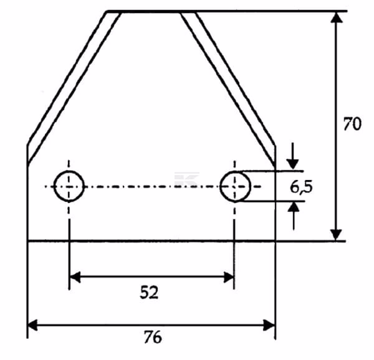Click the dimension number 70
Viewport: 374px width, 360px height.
click(352, 124)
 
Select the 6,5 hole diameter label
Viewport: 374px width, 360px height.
click(301, 187)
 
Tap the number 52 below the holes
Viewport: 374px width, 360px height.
click(149, 292)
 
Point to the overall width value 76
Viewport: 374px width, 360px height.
click(153, 337)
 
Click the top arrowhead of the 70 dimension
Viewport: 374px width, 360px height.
click(337, 17)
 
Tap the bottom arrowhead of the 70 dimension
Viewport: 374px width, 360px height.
click(337, 235)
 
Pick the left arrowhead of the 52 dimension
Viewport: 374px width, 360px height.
click(75, 277)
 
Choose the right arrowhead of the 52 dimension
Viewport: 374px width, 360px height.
click(229, 277)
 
